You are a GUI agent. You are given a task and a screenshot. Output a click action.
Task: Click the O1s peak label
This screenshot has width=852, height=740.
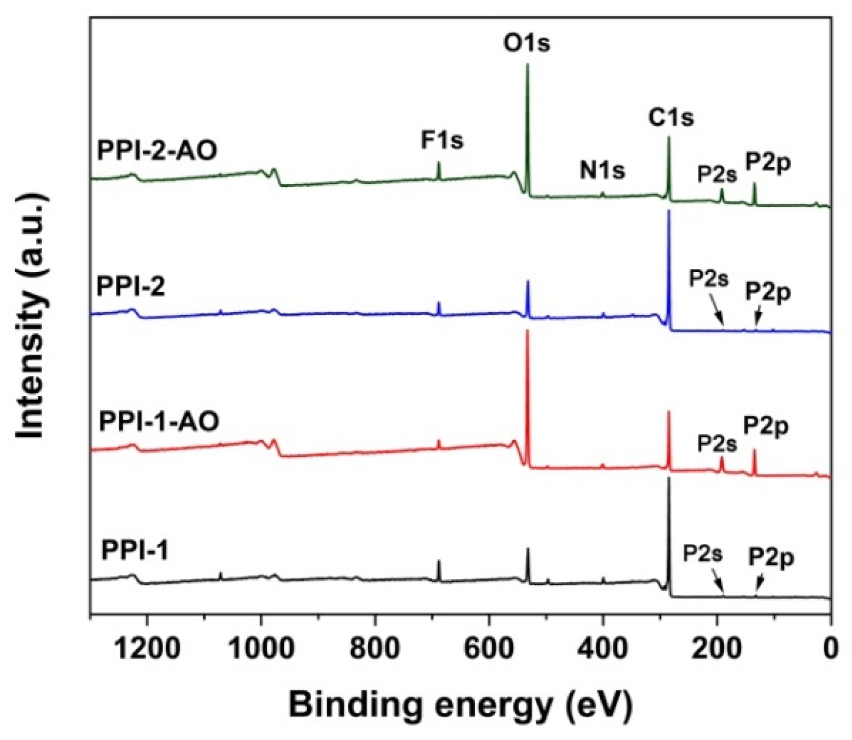526,43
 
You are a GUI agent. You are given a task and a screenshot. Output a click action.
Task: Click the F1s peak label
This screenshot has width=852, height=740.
442,140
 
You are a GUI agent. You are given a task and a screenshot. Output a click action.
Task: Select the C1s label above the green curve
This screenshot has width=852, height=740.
671,118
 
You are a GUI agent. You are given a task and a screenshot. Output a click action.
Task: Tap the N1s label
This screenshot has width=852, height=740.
602,170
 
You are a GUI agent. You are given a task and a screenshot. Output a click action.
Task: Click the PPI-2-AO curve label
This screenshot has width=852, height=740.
157,151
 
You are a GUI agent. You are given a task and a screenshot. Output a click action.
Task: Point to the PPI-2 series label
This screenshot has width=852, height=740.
131,287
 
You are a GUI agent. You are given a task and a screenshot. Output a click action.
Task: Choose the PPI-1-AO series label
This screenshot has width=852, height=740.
159,422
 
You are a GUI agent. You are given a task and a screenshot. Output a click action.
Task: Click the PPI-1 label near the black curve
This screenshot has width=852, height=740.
135,552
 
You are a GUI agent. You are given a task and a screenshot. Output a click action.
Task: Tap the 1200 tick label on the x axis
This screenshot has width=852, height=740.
147,647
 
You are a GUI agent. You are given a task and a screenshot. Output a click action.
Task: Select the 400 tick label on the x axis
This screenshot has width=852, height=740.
603,647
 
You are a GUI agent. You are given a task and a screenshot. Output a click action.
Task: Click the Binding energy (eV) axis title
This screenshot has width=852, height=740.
460,706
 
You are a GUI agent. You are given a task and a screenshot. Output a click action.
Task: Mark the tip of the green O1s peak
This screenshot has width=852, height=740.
528,65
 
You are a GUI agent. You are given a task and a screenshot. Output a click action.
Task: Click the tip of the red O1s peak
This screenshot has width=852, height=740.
528,331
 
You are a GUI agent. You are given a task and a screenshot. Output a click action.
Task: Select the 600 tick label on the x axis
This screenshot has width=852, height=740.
489,647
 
